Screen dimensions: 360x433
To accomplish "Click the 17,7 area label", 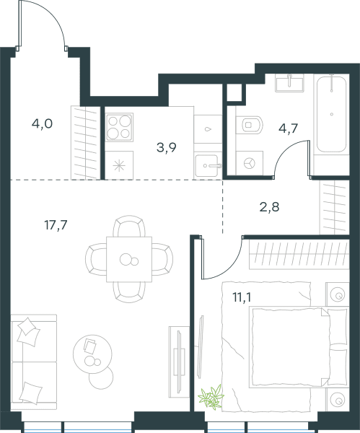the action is (x=56, y=225).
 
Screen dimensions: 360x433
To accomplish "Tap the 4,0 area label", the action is (x=42, y=123).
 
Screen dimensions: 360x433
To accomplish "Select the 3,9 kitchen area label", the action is (x=167, y=148).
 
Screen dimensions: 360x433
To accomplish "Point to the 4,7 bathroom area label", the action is (x=289, y=128).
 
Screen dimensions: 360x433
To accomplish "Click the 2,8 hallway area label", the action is (x=269, y=207).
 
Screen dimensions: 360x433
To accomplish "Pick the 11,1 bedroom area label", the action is (x=242, y=297).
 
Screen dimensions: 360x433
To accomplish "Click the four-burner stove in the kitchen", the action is (x=119, y=127).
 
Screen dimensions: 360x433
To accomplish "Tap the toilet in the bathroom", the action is (x=250, y=125).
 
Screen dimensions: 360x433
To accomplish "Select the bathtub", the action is (x=331, y=114).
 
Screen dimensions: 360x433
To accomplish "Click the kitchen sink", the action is (x=208, y=166).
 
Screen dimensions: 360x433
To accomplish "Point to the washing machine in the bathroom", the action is (x=250, y=163).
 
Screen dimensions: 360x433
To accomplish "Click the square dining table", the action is (x=129, y=259).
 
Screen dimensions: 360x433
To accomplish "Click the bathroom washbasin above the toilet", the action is (x=289, y=83).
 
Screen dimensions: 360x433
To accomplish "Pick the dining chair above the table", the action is (x=129, y=227).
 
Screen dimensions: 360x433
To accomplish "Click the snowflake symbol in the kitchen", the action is (x=119, y=166).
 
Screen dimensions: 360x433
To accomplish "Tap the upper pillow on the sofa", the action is (x=28, y=332).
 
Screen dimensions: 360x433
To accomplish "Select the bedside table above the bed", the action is (x=338, y=294).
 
